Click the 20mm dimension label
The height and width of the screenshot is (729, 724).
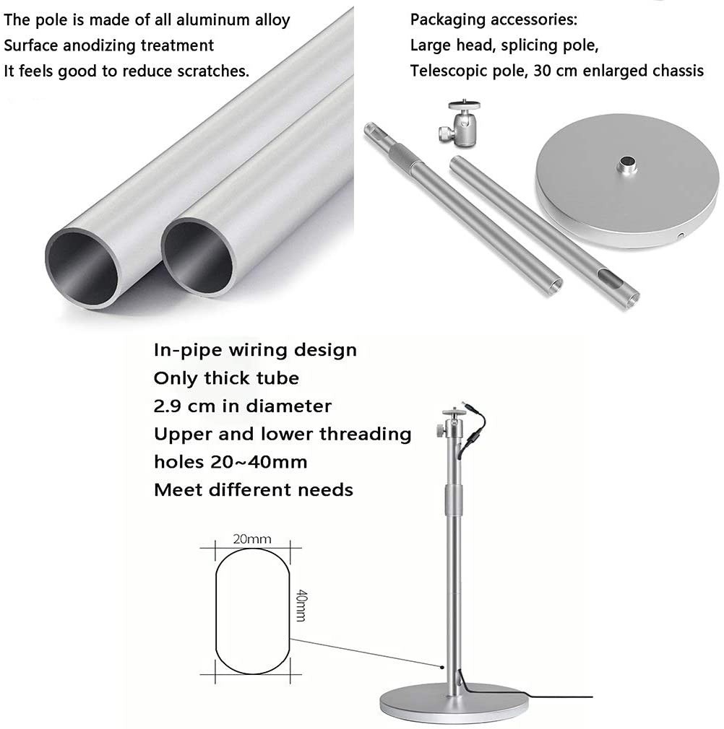[252, 539]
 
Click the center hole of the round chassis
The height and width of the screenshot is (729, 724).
[626, 162]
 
